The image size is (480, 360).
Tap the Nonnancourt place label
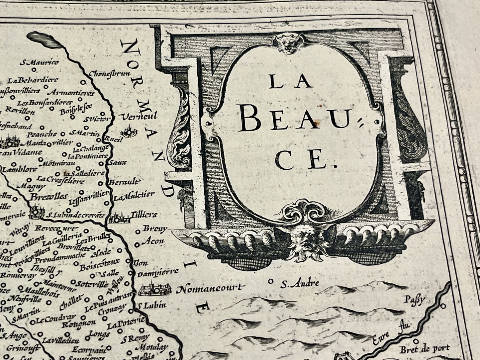click(x=210, y=289)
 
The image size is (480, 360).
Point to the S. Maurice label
click(x=44, y=62)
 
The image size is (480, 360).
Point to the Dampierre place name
click(x=158, y=271)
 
